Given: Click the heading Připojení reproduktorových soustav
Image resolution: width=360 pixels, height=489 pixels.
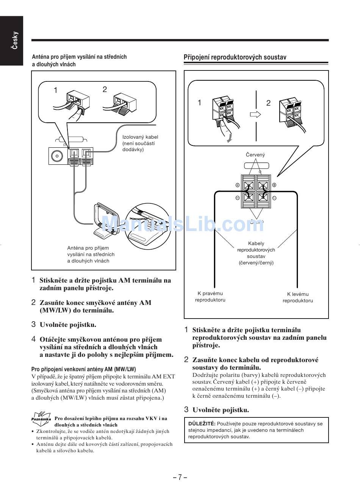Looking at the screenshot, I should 235,57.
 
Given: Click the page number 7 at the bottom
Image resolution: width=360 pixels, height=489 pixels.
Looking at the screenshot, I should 180,477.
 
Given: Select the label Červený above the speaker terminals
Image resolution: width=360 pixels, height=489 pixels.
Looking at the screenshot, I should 255,155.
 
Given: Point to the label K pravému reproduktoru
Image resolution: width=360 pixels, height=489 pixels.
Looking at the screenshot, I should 210,297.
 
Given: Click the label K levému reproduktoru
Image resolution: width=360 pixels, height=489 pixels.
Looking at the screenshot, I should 297,297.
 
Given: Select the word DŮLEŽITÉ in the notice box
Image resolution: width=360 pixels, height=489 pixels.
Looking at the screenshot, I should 202,423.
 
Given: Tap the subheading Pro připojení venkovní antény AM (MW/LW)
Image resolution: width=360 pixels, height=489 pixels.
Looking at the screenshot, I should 83,369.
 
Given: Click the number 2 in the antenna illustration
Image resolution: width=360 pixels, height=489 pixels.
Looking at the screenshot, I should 105,89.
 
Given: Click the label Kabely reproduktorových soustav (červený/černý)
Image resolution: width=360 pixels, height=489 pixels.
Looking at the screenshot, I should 256,253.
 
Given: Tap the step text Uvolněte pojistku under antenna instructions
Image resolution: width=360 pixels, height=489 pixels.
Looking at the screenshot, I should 68,325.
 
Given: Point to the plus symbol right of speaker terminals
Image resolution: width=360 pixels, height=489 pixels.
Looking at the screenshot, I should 274,185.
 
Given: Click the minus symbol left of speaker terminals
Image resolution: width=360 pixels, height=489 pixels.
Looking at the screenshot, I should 237,198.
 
